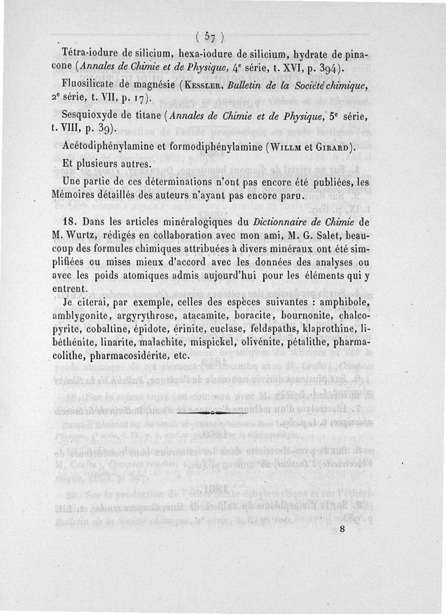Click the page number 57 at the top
click(210, 37)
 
